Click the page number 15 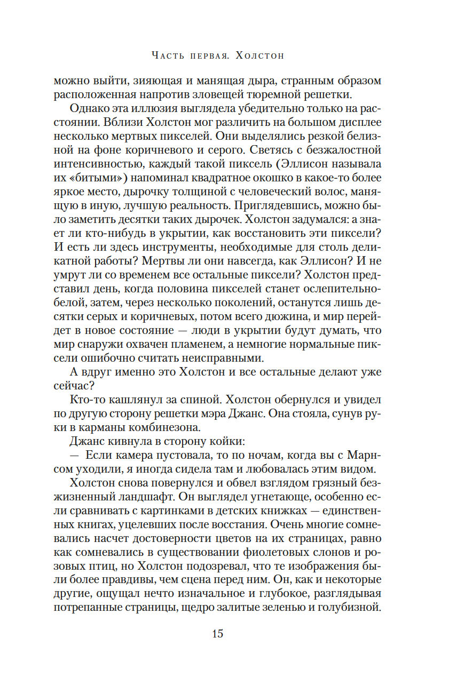(x=217, y=634)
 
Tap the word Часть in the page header (x=167, y=55)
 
